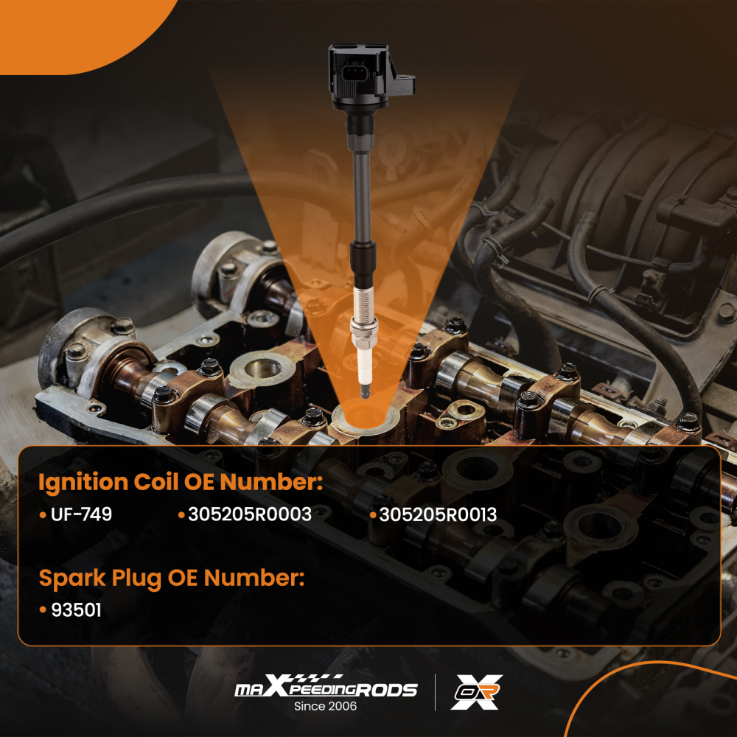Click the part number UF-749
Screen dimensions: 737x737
(x=81, y=514)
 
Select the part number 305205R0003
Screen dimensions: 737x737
(x=250, y=514)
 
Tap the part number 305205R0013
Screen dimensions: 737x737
(x=438, y=514)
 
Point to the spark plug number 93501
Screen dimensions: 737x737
(x=76, y=610)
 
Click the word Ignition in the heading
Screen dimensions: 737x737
(x=83, y=483)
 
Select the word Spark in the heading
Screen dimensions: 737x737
(x=72, y=578)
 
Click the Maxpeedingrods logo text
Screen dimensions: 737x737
(x=326, y=687)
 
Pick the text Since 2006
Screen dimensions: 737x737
(x=325, y=706)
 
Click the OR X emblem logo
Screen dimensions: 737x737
(x=477, y=692)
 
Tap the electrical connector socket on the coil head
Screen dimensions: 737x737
(x=354, y=74)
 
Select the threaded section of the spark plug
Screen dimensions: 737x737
(x=364, y=301)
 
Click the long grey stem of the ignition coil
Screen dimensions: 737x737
(x=363, y=198)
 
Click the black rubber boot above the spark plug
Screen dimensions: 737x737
(x=363, y=264)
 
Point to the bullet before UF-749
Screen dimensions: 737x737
(x=43, y=516)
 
